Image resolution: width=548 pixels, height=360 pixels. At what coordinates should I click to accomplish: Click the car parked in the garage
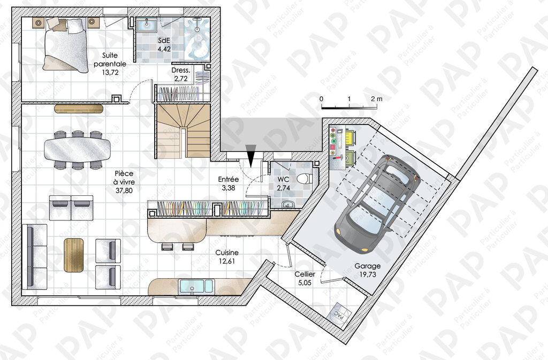click(x=377, y=203)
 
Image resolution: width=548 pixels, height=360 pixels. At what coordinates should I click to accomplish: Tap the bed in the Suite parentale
click(x=65, y=45)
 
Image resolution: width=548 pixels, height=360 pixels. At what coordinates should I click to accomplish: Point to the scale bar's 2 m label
click(x=377, y=99)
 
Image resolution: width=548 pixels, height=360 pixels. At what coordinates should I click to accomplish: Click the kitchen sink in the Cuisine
click(x=196, y=286)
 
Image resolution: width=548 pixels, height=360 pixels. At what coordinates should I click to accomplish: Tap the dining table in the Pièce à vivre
click(x=77, y=149)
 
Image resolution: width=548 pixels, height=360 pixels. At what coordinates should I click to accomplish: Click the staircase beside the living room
click(x=183, y=131)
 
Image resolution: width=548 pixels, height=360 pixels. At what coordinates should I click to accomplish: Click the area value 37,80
click(x=124, y=190)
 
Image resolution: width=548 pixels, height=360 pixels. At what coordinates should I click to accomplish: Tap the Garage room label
click(x=367, y=266)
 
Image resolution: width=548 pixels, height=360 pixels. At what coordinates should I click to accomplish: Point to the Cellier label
click(x=305, y=274)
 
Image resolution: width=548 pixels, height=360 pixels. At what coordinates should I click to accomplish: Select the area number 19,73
click(x=368, y=274)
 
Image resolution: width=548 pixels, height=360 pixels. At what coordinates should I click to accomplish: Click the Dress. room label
click(x=181, y=70)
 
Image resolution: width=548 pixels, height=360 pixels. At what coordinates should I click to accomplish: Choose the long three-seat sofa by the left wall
click(x=34, y=257)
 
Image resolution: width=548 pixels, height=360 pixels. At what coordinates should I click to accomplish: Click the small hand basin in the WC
click(x=288, y=204)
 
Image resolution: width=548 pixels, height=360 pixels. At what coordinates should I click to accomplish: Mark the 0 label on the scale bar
click(x=322, y=99)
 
